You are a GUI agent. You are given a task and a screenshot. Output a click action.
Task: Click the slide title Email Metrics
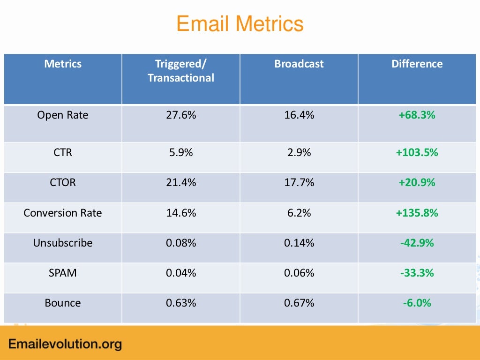[240, 24]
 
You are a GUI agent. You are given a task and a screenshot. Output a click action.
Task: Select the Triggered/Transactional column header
[181, 71]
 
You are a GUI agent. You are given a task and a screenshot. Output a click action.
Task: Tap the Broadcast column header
[299, 64]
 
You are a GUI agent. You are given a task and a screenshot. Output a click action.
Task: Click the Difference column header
[417, 64]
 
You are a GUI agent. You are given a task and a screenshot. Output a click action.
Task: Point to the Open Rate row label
[63, 115]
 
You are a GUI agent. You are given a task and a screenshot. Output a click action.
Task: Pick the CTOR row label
[63, 182]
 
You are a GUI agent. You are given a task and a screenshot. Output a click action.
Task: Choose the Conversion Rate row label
[63, 213]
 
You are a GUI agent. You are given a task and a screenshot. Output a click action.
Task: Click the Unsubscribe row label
[63, 243]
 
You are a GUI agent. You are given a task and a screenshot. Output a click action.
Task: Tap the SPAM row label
[63, 273]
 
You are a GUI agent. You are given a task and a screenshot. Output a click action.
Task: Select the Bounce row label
[63, 303]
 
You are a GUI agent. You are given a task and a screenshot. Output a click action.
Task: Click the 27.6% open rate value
[181, 115]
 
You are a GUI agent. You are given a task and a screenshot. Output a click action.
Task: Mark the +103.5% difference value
[417, 152]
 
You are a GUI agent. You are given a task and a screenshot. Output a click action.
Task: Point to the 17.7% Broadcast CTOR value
[299, 182]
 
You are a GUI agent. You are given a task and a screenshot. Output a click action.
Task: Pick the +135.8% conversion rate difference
[417, 213]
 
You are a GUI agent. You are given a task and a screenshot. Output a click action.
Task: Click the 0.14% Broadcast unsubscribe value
[299, 243]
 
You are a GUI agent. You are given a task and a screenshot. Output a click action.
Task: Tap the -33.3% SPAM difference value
[417, 273]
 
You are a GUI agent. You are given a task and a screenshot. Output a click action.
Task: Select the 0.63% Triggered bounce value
[181, 303]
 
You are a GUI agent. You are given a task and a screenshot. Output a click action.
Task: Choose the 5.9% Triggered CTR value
[181, 152]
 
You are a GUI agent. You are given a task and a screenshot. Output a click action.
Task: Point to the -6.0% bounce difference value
[417, 303]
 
